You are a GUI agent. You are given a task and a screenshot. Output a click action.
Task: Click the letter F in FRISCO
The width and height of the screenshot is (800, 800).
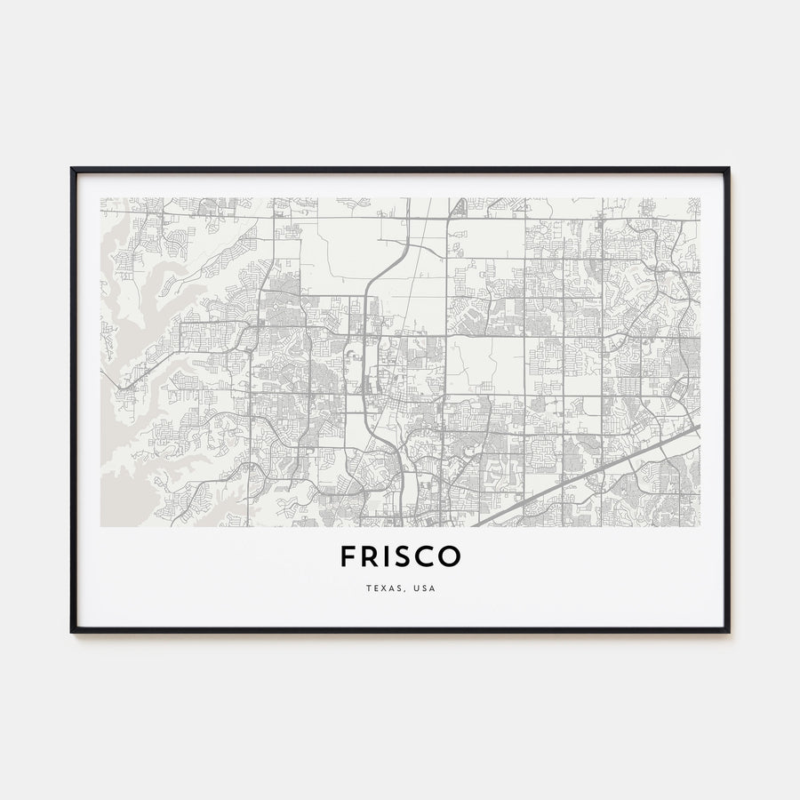348,556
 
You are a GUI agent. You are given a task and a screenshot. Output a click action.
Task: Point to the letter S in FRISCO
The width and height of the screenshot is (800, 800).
406,556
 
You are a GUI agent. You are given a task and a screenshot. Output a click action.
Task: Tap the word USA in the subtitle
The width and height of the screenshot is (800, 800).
425,588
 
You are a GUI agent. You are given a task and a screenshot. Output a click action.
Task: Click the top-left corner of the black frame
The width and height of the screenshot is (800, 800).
73,169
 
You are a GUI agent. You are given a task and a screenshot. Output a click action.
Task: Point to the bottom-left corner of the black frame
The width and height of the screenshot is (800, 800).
73,631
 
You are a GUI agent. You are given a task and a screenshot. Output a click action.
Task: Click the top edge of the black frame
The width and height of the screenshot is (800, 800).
400,169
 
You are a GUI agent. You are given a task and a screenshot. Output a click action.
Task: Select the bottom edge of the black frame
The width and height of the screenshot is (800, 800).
400,631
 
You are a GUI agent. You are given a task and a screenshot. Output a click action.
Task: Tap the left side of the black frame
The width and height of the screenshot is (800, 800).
73,400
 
